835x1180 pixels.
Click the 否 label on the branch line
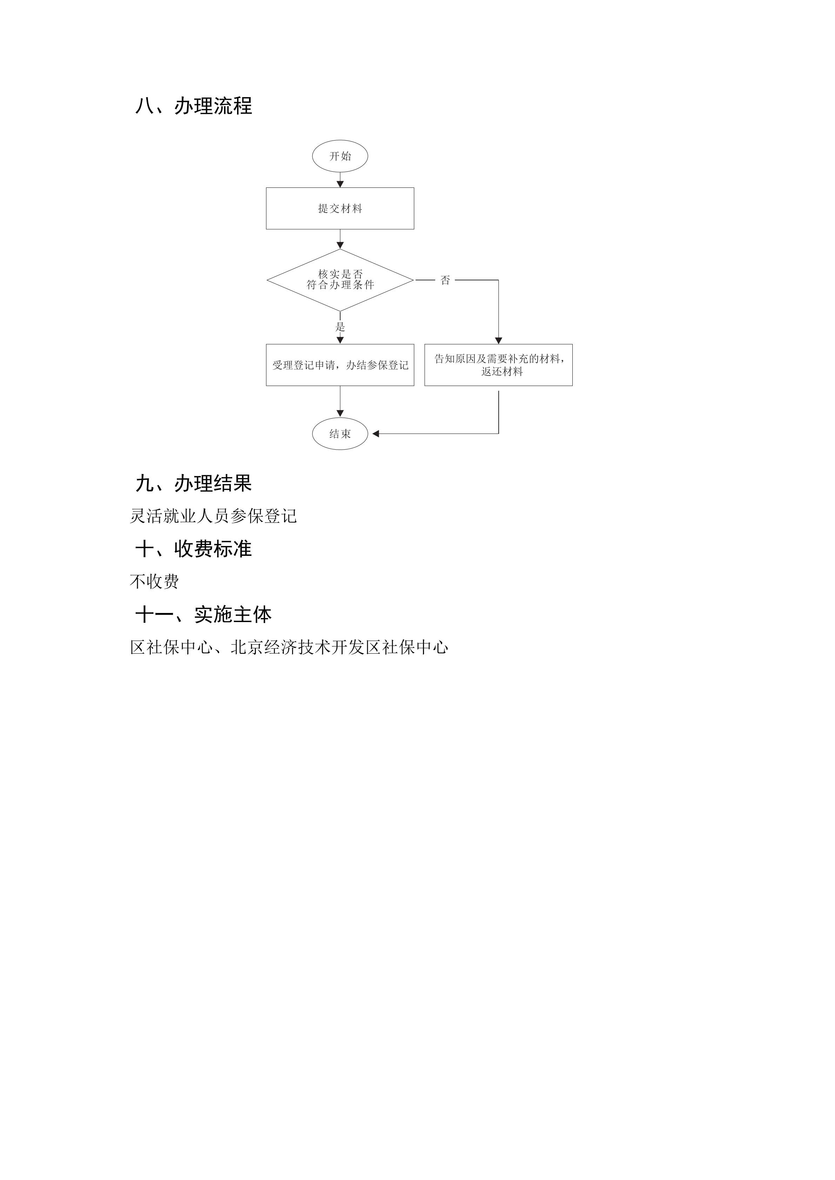445,280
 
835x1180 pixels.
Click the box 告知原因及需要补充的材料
498,365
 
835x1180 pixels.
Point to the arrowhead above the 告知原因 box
498,341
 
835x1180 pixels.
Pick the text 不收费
154,582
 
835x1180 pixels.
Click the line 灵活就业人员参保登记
213,516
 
